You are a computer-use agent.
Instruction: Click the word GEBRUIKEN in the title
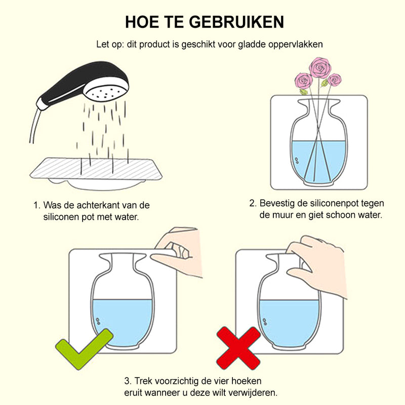click(237, 22)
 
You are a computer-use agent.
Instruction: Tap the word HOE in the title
click(142, 22)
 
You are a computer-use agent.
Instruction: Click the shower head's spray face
click(107, 93)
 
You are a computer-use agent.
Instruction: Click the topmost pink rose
click(320, 67)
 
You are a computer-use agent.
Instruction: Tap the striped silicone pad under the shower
click(96, 169)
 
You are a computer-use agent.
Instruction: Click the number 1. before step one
click(37, 206)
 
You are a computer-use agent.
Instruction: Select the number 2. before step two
click(253, 204)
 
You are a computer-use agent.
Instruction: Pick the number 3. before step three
click(128, 381)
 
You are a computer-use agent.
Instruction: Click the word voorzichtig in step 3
click(177, 382)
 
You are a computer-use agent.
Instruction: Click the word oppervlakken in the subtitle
click(296, 45)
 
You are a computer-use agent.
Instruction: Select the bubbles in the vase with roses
click(297, 160)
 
